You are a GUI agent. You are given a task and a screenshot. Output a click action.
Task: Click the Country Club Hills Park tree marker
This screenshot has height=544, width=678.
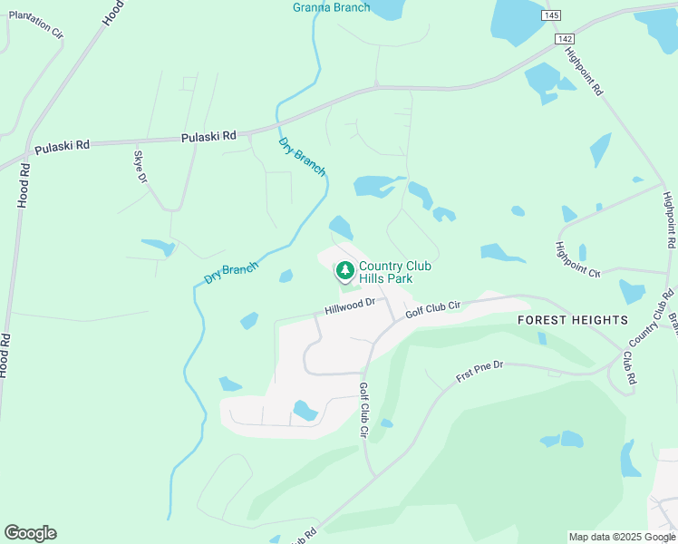pos(344,270)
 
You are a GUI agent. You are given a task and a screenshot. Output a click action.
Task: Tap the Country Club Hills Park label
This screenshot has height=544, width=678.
pos(395,272)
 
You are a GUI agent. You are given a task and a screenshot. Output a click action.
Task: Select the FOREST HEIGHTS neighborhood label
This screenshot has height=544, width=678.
pos(572,320)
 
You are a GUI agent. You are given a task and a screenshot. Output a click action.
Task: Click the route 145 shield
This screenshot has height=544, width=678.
pos(551,15)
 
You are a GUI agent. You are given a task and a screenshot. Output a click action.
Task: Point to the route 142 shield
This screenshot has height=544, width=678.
pos(565,38)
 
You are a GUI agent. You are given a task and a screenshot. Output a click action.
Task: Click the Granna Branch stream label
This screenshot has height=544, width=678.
pos(331,7)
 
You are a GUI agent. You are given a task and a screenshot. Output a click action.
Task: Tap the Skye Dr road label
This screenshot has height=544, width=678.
pos(140,167)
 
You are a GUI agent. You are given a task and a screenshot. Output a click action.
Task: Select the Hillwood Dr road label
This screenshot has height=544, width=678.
pos(350,307)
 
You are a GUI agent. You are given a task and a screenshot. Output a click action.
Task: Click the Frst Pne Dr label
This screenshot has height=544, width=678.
pos(479,370)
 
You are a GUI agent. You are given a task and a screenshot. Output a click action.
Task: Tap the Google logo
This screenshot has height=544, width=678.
pos(30,533)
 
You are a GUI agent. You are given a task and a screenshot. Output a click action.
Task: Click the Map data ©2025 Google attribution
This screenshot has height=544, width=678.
pos(622,537)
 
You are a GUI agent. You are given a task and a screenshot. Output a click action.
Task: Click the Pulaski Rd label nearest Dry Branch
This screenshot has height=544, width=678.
pos(208,136)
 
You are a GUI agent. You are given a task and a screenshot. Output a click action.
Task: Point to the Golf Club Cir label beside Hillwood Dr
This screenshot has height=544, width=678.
pos(433,308)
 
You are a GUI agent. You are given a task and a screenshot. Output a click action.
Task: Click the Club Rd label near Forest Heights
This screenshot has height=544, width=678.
pos(627,364)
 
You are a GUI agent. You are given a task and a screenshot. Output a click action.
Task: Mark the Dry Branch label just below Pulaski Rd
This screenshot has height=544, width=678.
pos(302,157)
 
